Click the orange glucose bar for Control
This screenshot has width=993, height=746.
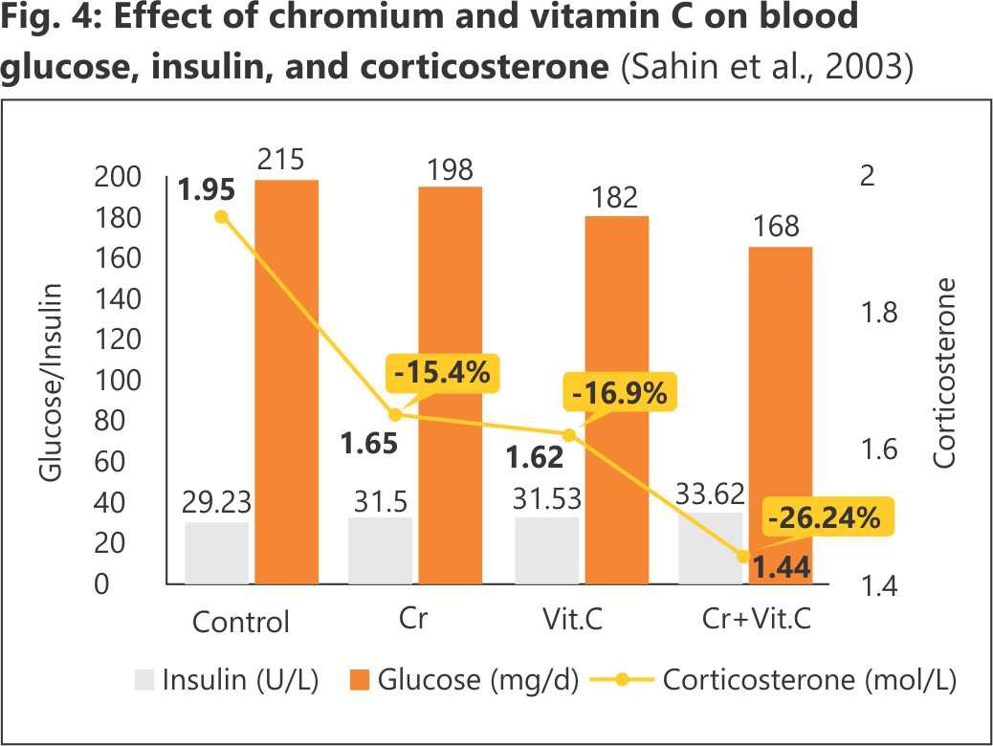tap(287, 383)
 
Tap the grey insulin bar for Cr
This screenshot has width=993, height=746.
tap(381, 551)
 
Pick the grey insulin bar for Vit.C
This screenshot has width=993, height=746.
tap(546, 551)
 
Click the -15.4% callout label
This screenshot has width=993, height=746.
tap(442, 372)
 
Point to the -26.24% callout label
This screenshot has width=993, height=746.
tap(824, 518)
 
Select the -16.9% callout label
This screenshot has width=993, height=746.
tap(617, 392)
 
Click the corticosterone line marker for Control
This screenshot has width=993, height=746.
tap(222, 217)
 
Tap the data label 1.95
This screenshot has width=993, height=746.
tap(206, 190)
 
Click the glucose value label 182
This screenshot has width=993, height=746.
tap(615, 198)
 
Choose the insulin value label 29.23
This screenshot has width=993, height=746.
tap(217, 502)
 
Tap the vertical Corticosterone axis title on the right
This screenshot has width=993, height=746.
tap(945, 373)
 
